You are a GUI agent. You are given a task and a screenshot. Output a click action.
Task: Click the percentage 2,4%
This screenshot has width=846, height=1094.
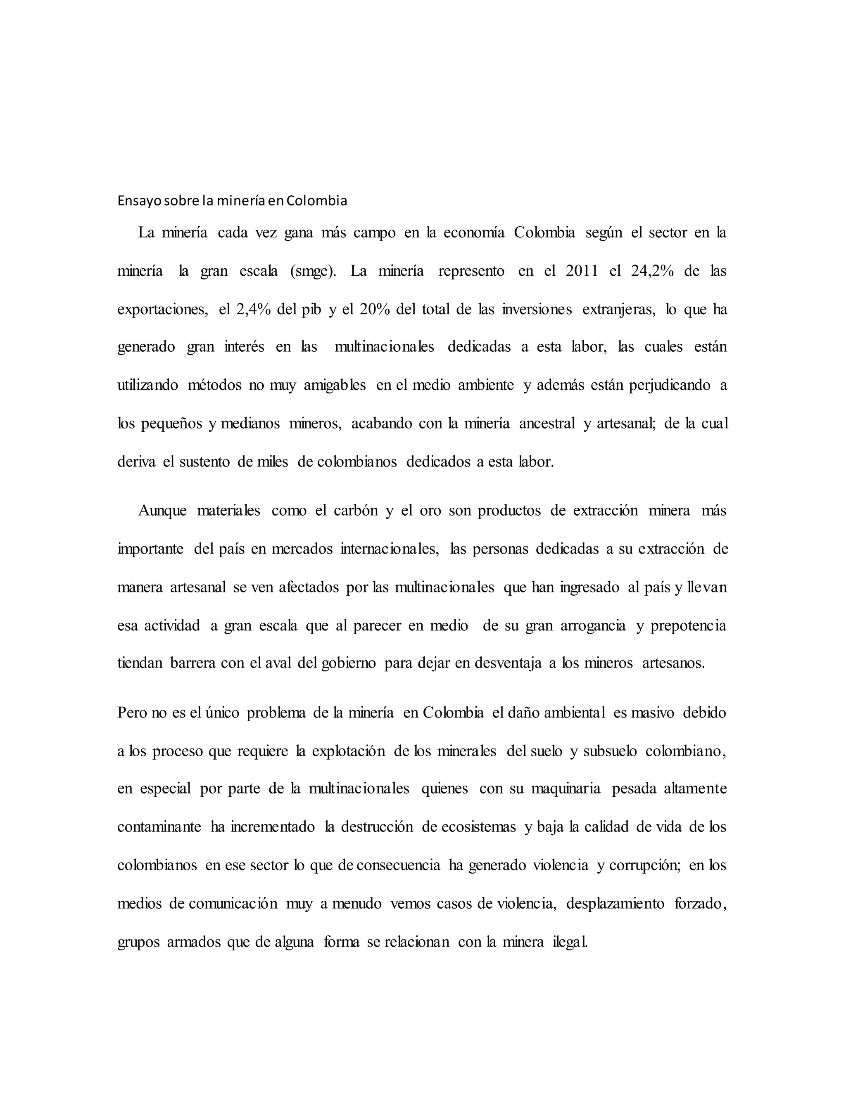coord(253,310)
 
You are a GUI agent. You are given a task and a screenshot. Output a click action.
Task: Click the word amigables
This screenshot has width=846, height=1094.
coord(335,385)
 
